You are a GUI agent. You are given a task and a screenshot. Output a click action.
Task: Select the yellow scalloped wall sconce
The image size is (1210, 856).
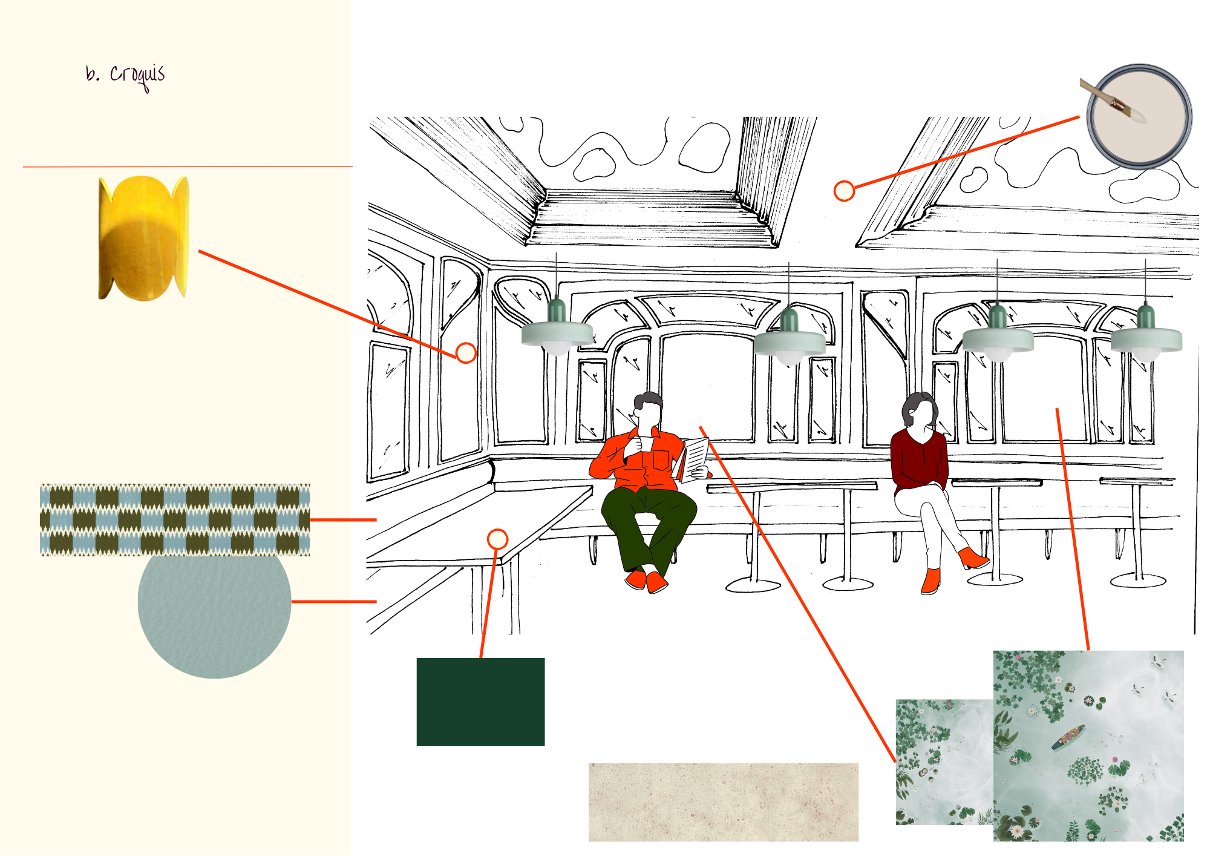pos(144,238)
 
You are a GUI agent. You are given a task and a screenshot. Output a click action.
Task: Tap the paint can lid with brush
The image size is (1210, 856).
pos(1137,116)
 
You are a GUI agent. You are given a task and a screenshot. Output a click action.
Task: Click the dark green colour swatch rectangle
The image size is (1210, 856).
pos(480,702)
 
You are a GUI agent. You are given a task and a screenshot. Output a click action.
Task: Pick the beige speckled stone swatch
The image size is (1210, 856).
pos(723,802)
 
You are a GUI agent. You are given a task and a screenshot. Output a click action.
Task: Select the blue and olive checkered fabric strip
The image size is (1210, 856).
pos(175,519)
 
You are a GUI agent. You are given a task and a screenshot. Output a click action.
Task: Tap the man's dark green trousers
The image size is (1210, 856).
pos(647,527)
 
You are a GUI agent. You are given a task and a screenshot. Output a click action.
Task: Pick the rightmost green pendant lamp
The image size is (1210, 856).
pos(1146,335)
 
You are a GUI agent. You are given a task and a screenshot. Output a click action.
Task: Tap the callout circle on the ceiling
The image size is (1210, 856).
pos(844,191)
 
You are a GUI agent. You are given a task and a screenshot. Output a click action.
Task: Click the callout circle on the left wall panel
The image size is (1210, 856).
pos(466,353)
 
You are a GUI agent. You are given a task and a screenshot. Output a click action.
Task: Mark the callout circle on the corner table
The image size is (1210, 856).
pos(497,539)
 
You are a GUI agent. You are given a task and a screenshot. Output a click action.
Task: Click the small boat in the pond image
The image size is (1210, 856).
pos(1068,737)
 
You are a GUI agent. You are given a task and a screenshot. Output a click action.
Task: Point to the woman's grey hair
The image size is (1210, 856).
pos(917,407)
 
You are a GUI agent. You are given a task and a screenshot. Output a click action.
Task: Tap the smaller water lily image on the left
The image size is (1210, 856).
pos(944,762)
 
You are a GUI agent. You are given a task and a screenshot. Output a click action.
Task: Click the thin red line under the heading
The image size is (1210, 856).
pos(188,166)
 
